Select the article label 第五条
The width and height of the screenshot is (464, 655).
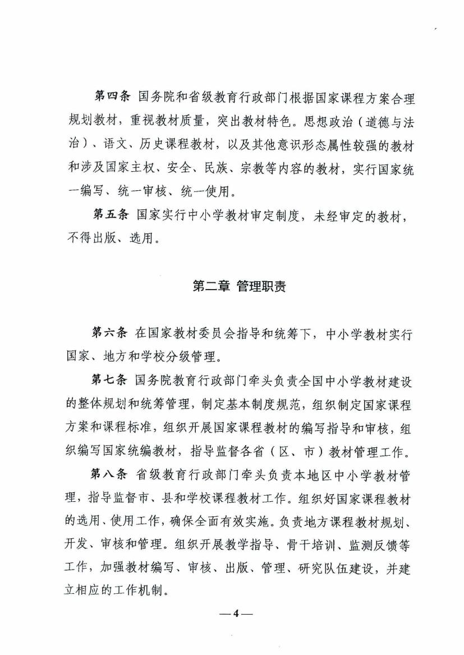click(111, 216)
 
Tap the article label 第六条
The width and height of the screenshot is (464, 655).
click(111, 333)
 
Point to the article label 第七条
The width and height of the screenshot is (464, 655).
click(111, 379)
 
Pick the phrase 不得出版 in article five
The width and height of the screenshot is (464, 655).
click(90, 240)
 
